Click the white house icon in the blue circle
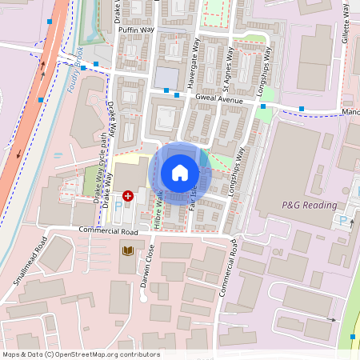pyautogui.click(x=180, y=173)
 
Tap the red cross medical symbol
pyautogui.click(x=128, y=195)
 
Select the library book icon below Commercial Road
pyautogui.click(x=128, y=251)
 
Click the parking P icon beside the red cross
pyautogui.click(x=119, y=206)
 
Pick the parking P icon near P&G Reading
pyautogui.click(x=346, y=220)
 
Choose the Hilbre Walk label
pyautogui.click(x=158, y=206)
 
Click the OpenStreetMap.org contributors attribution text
pyautogui.click(x=81, y=354)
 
